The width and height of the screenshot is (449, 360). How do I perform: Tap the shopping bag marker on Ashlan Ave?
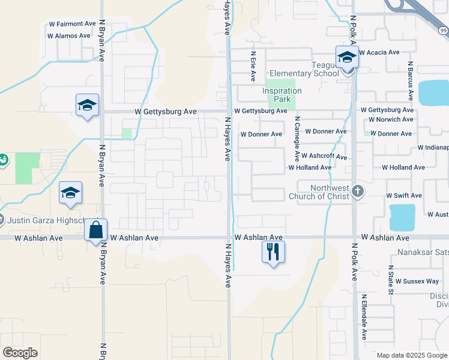pyautogui.click(x=96, y=229)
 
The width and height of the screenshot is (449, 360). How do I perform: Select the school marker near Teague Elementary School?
pyautogui.click(x=347, y=58)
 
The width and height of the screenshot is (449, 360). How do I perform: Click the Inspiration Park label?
pyautogui.click(x=282, y=95)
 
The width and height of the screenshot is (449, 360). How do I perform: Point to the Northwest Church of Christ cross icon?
pyautogui.click(x=357, y=191)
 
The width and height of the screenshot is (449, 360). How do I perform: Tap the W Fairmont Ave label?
pyautogui.click(x=72, y=25)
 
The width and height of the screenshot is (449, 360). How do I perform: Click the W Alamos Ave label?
pyautogui.click(x=71, y=36)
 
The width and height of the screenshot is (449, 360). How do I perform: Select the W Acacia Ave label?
pyautogui.click(x=379, y=53)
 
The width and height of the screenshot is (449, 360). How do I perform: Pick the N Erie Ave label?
pyautogui.click(x=253, y=66)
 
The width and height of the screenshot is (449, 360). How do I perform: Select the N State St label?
pyautogui.click(x=390, y=281)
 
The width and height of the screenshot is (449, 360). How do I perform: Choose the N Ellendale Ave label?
pyautogui.click(x=364, y=319)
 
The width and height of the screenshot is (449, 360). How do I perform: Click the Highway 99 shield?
pyautogui.click(x=443, y=31)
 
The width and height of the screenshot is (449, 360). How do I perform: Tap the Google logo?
pyautogui.click(x=20, y=353)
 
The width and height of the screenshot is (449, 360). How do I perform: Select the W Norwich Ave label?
pyautogui.click(x=391, y=119)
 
